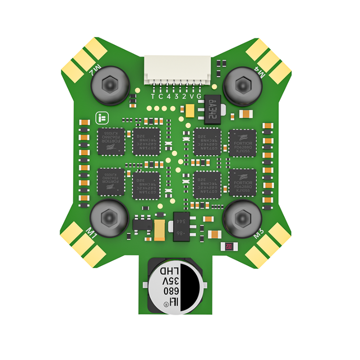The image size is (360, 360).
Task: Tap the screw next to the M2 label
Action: point(110,84)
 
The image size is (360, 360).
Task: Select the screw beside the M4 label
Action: point(242,84)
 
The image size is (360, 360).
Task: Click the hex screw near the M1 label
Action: point(110,217)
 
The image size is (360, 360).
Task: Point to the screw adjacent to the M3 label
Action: point(242,217)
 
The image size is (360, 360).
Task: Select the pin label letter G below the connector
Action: point(199,96)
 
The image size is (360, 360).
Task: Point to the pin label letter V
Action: point(192,96)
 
